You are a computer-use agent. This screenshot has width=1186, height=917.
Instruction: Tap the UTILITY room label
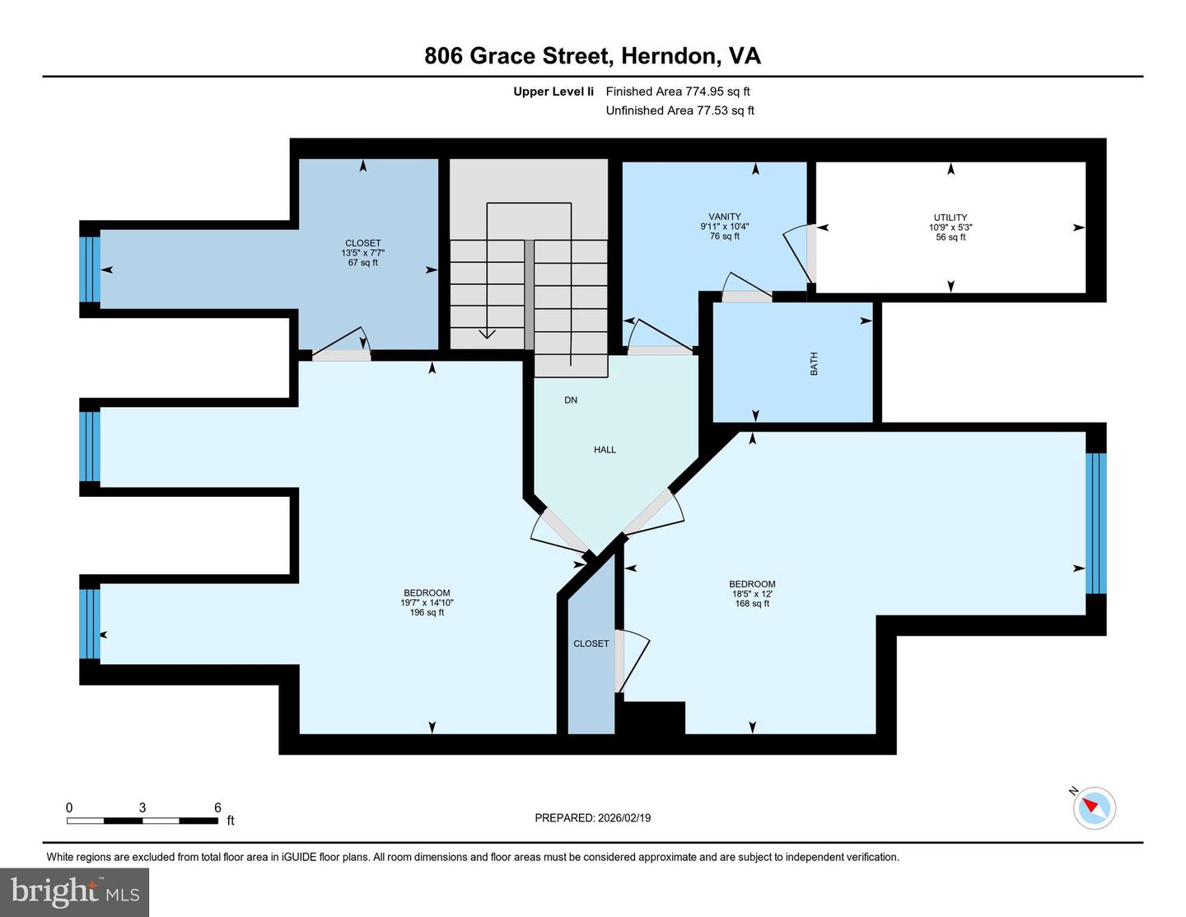tap(950, 218)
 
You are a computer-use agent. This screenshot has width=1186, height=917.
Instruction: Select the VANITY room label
tap(725, 217)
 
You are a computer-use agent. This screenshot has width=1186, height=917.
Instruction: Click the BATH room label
tap(814, 363)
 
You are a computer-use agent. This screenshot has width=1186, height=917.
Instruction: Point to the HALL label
tap(605, 450)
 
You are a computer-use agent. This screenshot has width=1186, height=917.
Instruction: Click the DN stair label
tap(571, 400)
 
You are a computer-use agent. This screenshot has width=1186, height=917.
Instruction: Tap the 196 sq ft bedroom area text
tap(427, 612)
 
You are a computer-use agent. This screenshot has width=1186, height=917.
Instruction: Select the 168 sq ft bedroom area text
tap(752, 603)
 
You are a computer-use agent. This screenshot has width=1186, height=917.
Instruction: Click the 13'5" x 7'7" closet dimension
tap(363, 253)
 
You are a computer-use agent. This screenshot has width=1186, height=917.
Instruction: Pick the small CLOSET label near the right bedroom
tap(591, 643)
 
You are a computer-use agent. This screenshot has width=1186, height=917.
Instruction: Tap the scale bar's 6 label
tap(217, 807)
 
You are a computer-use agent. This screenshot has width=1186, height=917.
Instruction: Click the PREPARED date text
tap(592, 818)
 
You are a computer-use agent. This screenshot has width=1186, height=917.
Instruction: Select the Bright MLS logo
tap(75, 892)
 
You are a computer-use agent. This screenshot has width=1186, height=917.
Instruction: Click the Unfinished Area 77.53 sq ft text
tap(679, 110)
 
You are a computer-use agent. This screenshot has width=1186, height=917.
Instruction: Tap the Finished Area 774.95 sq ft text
tap(678, 91)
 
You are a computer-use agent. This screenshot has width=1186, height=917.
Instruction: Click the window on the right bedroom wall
tap(1095, 523)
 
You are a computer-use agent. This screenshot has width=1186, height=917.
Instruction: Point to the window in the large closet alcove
tap(90, 269)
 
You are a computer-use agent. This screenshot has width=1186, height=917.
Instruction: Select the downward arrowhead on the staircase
tap(487, 333)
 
